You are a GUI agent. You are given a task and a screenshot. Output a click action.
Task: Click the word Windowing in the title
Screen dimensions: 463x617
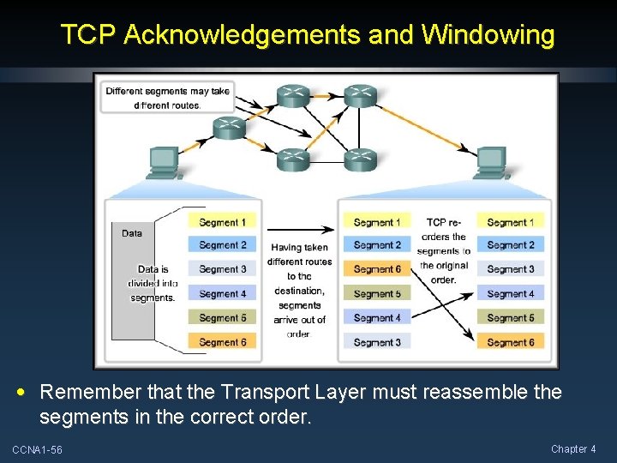pos(488,35)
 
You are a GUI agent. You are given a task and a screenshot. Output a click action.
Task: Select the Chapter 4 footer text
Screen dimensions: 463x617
pos(573,449)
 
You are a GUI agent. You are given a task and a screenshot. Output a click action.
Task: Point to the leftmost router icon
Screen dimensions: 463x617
pos(230,128)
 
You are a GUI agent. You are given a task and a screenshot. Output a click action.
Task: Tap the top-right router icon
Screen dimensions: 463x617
pos(360,95)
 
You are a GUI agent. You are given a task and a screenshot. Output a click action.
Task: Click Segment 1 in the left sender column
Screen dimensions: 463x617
pos(222,222)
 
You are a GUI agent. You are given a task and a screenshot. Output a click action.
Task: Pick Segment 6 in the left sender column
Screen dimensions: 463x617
pos(222,342)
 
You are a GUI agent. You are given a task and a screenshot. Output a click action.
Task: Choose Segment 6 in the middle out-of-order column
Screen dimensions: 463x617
pos(377,269)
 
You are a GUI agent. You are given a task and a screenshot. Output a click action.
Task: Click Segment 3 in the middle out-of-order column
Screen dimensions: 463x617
pos(377,342)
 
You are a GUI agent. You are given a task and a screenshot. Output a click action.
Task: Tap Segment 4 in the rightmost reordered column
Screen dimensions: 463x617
pos(510,294)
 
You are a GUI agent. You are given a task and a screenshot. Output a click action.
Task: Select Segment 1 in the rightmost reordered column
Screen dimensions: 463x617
pos(510,222)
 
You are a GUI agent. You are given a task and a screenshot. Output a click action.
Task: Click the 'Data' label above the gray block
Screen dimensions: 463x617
pos(132,233)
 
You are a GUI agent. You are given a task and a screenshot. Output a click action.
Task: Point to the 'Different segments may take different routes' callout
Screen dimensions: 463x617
pos(167,98)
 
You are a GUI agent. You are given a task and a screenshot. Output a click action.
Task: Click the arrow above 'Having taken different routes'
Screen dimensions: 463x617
pos(298,230)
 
